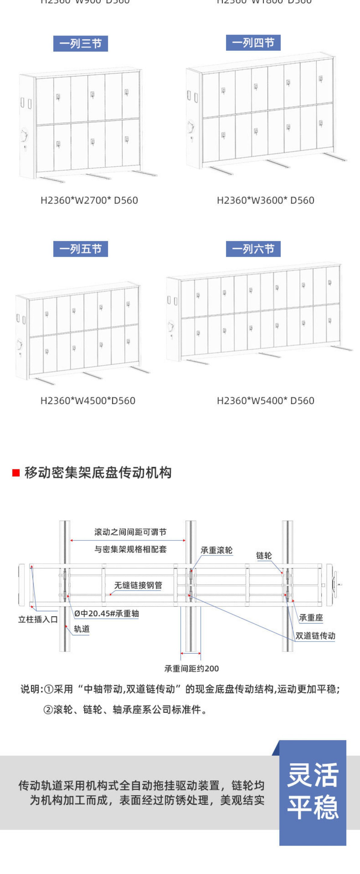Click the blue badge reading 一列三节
coord(80,43)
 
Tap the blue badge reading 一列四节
coord(253,43)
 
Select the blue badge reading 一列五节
coord(80,249)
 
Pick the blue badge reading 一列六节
coord(253,249)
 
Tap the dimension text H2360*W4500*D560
coord(88,401)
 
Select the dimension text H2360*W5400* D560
coord(265,401)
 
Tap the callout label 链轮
coord(264,556)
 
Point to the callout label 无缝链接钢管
coord(138,585)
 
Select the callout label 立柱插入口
coord(38,620)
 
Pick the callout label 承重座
coord(311,618)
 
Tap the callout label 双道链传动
coord(315,636)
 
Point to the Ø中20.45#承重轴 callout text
coord(106,613)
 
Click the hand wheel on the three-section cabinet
coord(24,135)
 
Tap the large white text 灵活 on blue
coord(313,776)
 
